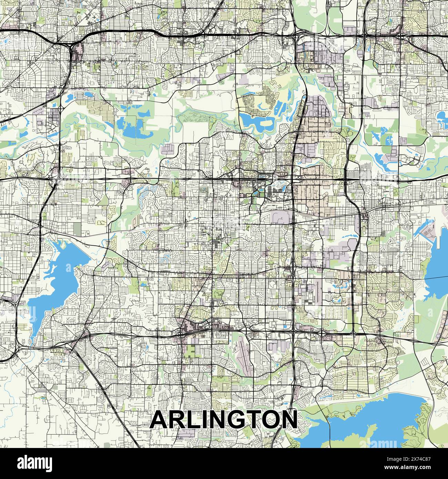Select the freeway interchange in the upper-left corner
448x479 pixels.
72,47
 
